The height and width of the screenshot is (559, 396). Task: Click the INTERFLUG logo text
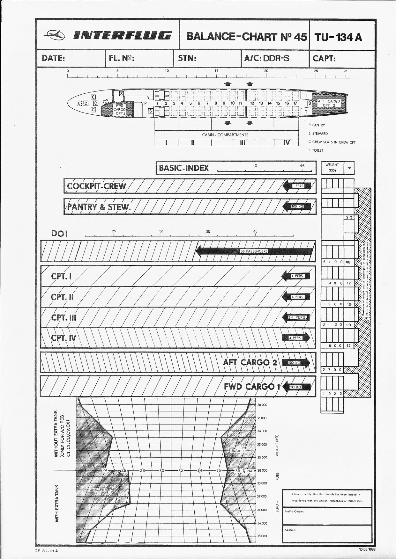tap(123, 35)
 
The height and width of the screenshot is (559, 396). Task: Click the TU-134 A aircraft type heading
tap(338, 37)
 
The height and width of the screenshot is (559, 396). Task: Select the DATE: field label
tap(53, 58)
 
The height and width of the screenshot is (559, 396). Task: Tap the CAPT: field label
tap(324, 59)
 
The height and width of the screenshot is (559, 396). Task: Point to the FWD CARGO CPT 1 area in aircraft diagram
tap(119, 109)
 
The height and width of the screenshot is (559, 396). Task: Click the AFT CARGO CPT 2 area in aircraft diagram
tap(329, 103)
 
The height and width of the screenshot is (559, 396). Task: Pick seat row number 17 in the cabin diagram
tap(295, 103)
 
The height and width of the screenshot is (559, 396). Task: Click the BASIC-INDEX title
tap(184, 168)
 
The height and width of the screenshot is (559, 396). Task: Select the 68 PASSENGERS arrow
tap(254, 251)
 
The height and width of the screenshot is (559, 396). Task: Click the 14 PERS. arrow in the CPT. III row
tap(296, 317)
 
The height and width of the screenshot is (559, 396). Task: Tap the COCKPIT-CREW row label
tap(97, 186)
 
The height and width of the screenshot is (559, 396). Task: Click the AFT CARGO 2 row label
tap(250, 362)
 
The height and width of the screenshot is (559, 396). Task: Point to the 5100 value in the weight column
tap(332, 262)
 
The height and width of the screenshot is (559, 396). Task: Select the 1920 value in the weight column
tap(332, 394)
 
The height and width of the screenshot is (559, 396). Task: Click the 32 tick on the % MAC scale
tap(181, 470)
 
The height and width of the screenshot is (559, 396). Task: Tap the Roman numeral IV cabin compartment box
tap(286, 143)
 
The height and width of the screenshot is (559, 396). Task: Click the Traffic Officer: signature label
tap(294, 512)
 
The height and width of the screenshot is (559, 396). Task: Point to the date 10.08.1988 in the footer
tap(367, 549)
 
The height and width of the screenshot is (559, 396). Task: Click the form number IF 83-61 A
tap(49, 550)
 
